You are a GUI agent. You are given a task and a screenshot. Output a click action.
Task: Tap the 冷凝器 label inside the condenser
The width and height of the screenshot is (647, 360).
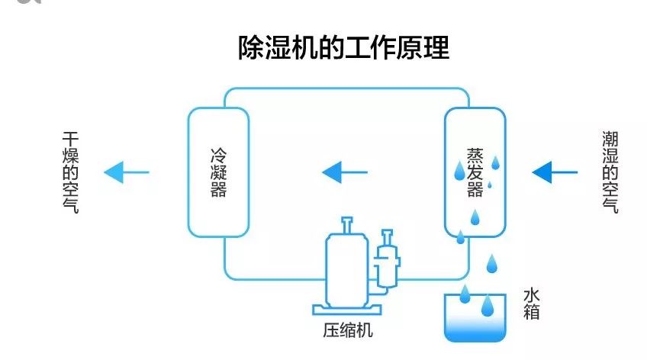point(218,172)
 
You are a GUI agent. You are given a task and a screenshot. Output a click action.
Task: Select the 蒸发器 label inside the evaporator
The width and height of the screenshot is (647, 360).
point(475,172)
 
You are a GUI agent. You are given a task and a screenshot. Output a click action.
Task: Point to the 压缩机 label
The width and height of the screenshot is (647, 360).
point(348,331)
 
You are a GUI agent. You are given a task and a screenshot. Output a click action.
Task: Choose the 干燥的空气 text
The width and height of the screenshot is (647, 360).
point(71,172)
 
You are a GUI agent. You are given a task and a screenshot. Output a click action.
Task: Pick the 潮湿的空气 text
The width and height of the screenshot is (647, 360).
point(610,172)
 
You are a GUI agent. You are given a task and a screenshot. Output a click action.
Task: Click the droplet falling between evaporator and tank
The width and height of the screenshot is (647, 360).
point(493,263)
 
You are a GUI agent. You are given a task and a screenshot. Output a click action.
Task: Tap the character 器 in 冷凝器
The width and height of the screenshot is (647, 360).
point(218,189)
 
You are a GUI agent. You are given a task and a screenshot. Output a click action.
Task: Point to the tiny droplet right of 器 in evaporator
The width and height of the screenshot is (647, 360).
point(490,185)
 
